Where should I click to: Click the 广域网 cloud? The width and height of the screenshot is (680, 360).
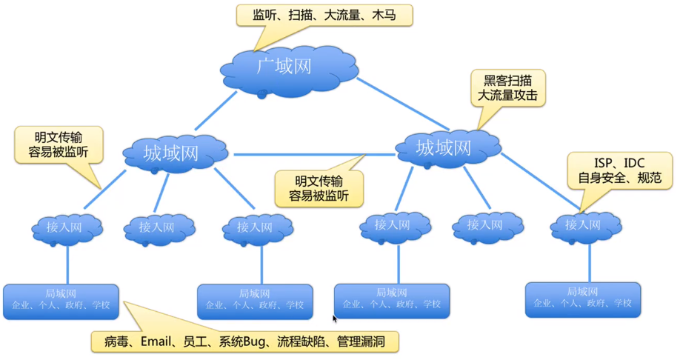coord(284,67)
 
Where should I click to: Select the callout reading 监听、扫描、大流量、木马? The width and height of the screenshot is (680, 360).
coord(324,16)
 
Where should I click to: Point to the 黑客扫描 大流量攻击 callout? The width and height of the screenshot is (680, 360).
coord(510,87)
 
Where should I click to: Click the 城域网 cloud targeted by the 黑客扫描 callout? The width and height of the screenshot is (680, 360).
coord(444,149)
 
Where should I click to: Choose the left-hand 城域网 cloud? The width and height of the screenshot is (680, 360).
coord(172,153)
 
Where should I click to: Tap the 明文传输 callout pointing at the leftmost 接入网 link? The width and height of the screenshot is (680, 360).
coord(59,144)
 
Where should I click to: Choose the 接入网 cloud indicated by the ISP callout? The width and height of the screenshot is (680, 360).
coord(585,225)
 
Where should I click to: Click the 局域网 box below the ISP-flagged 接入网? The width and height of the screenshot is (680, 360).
coord(583,299)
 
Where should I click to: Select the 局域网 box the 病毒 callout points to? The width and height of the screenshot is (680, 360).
coord(60,301)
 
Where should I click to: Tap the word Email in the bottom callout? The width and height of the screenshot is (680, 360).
coord(161,341)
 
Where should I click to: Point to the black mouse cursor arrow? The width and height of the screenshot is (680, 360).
coord(336,319)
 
